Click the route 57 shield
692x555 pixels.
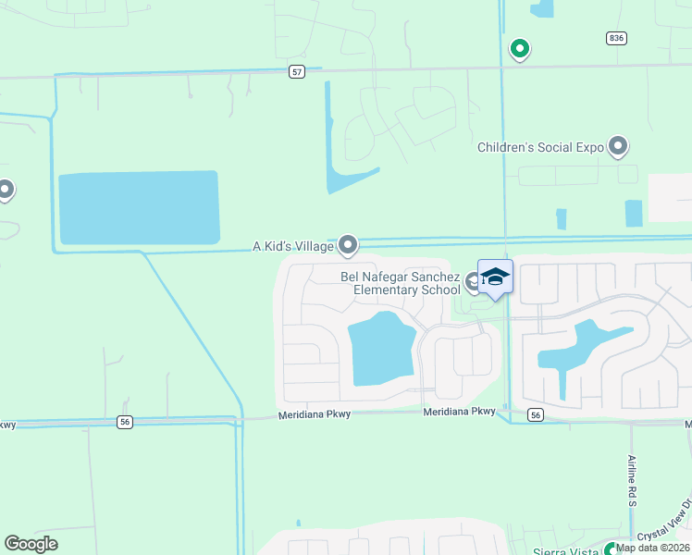(x=296, y=71)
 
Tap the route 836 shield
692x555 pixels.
(x=617, y=38)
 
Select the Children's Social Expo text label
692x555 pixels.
(x=540, y=147)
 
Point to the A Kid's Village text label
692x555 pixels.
(x=292, y=247)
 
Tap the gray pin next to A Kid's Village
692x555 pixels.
(x=348, y=244)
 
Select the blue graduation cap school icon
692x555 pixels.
(x=495, y=277)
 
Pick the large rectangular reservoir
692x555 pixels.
(x=139, y=208)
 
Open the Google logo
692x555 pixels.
(x=31, y=544)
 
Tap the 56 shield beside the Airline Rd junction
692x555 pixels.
(x=536, y=415)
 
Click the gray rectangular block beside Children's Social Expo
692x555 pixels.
(x=670, y=197)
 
